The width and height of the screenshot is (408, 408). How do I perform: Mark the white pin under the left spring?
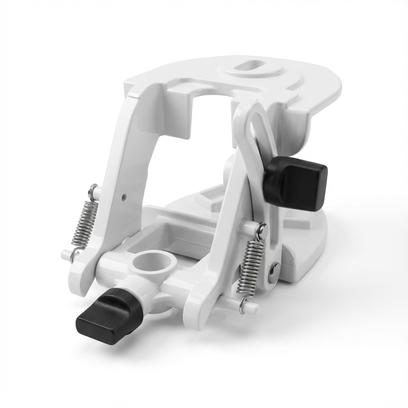65,254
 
